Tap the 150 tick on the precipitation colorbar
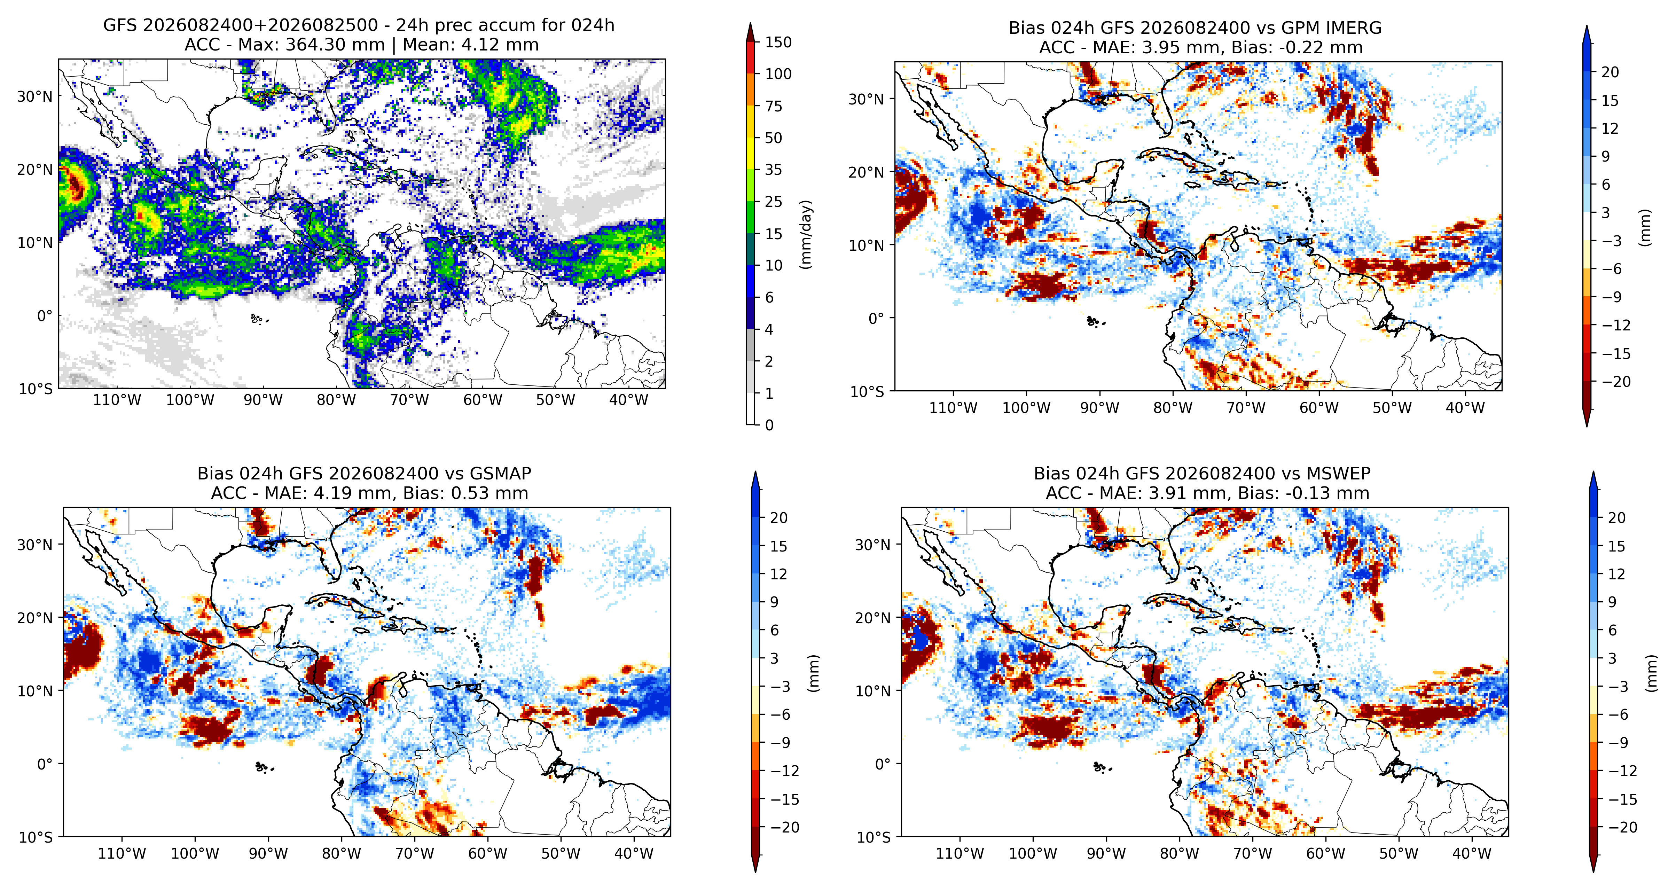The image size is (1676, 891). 778,42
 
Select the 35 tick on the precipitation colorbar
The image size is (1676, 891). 774,170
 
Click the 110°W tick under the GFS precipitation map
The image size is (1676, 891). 117,400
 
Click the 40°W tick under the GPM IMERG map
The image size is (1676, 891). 1465,408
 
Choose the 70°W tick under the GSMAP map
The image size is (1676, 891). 414,854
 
